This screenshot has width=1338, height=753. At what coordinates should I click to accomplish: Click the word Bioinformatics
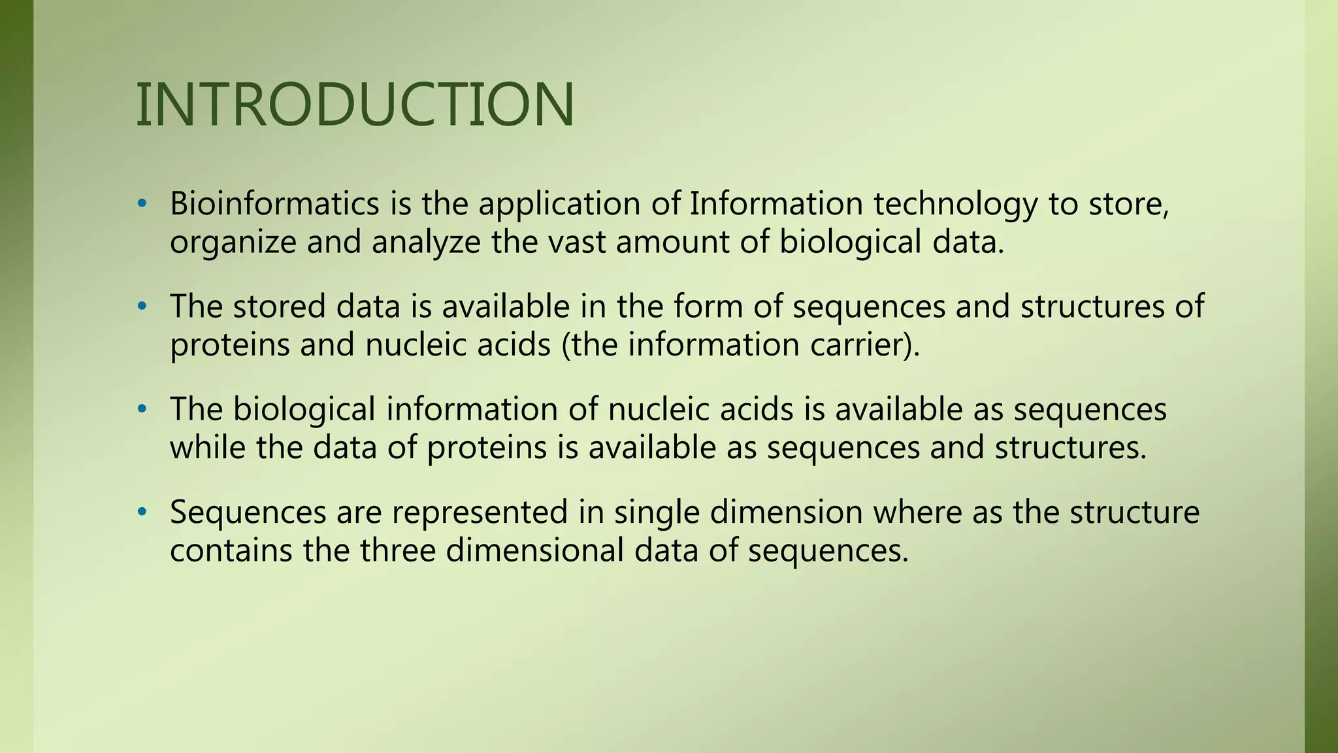click(x=274, y=204)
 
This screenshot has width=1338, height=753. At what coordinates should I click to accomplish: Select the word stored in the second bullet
click(x=279, y=307)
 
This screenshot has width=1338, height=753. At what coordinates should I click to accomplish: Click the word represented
click(x=480, y=512)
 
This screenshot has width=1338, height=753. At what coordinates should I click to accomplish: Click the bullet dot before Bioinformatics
click(x=142, y=205)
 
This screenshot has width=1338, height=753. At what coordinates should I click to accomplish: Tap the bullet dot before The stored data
click(x=142, y=307)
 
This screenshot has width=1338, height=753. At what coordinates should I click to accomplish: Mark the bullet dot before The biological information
click(x=142, y=410)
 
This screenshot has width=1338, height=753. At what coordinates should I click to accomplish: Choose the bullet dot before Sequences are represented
click(x=142, y=512)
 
